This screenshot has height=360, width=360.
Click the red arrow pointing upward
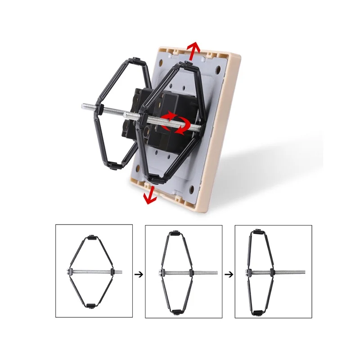tap(193, 50)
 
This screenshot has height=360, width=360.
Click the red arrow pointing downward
tap(150, 195)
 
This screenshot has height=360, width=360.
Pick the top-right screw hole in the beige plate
tap(218, 71)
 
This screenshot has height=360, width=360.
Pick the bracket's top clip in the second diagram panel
tap(173, 234)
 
